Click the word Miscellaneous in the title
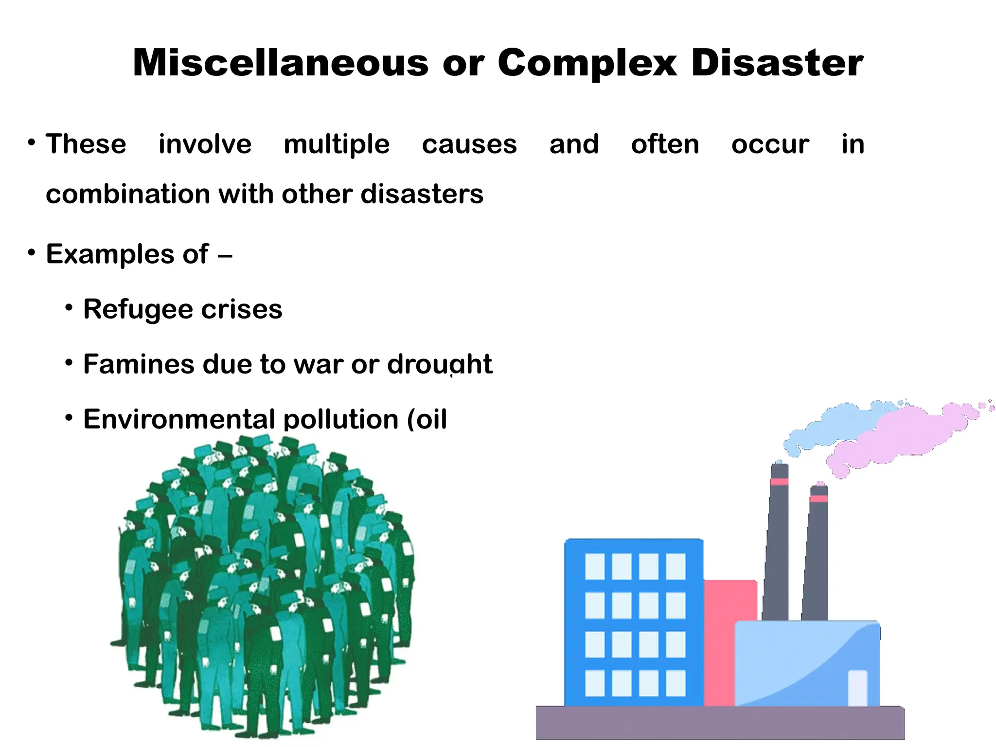pos(281,63)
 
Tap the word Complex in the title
pos(587,63)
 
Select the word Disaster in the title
pos(777,63)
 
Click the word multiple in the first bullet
pos(337,144)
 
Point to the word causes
pos(469,144)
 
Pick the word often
pos(665,144)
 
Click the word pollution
pos(340,419)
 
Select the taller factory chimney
pos(777,540)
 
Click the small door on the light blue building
pos(857,687)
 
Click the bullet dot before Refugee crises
pos(70,308)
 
